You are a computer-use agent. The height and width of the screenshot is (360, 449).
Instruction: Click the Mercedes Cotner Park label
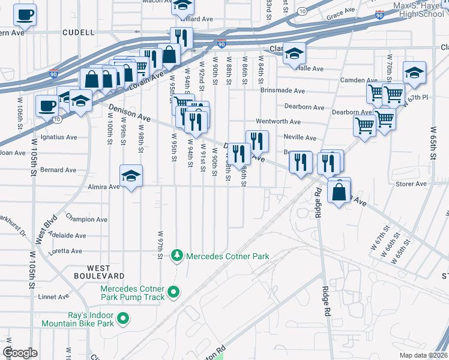tap(228, 256)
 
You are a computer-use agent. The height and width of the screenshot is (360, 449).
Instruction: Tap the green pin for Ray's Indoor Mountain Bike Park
tap(123, 318)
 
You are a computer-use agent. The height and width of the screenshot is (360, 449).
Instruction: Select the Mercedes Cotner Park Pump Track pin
tap(173, 292)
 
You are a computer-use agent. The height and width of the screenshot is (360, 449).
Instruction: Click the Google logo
tap(20, 353)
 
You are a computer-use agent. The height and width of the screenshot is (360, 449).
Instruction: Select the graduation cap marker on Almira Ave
tap(131, 176)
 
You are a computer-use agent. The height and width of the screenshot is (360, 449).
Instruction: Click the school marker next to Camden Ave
tap(414, 73)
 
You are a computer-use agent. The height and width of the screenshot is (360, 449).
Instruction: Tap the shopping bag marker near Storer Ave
tap(339, 193)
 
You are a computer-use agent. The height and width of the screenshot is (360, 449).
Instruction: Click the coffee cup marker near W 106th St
tap(47, 106)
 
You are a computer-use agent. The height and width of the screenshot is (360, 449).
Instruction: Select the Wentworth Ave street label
tap(278, 121)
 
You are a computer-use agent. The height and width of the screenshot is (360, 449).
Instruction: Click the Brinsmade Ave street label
tap(283, 91)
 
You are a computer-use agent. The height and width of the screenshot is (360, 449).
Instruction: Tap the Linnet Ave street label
tap(55, 296)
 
